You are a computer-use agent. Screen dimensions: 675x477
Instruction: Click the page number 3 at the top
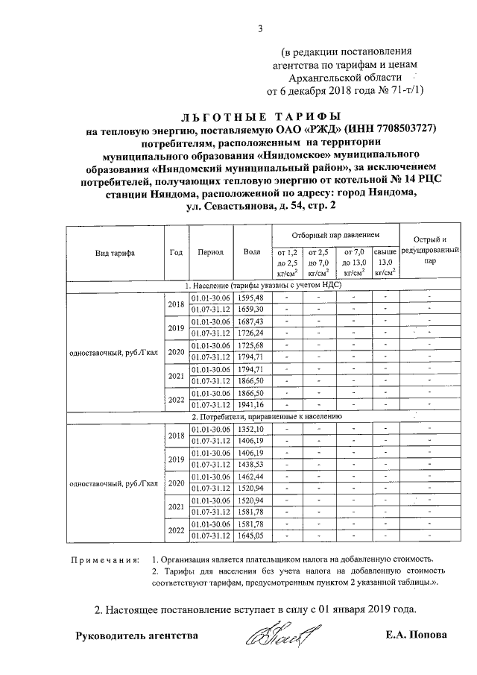coord(261,29)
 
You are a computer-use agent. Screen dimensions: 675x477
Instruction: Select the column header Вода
coord(252,251)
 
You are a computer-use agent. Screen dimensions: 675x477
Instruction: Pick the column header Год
coord(176,251)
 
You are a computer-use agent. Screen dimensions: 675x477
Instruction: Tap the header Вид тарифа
coord(115,252)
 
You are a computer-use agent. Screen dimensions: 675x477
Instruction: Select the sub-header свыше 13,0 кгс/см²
coord(385,263)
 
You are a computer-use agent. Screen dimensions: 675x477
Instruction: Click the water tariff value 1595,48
coord(250,298)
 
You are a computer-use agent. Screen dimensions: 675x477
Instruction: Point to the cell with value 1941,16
coord(250,404)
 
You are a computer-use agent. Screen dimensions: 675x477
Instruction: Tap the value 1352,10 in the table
coord(250,430)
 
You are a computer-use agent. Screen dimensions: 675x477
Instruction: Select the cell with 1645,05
coord(250,536)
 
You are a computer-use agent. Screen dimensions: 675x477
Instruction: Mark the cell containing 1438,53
coord(250,465)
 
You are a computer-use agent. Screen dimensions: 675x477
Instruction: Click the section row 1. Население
coord(263,285)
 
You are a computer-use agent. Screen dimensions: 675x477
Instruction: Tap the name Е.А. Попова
coord(417,635)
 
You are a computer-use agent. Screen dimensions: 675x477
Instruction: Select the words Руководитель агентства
coord(137,635)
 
